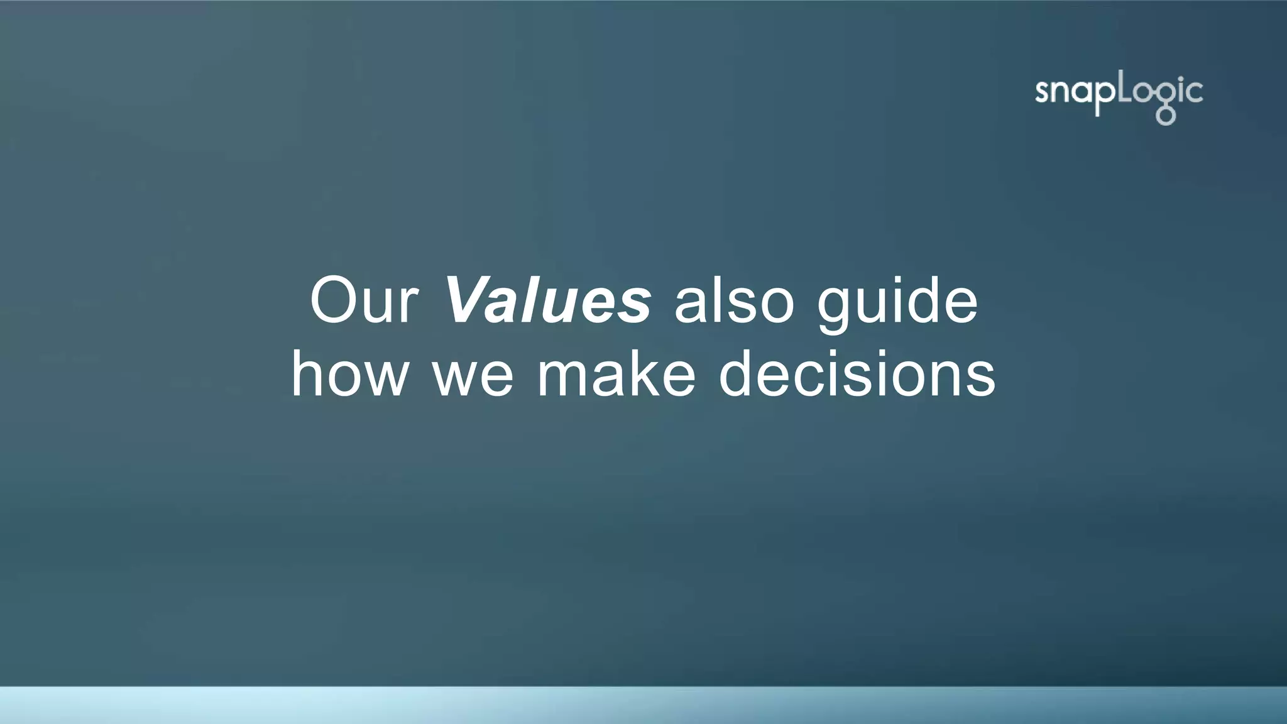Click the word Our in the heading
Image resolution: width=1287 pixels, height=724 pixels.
[364, 300]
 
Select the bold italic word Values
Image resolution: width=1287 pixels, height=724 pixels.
[547, 300]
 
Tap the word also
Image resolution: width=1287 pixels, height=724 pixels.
[734, 300]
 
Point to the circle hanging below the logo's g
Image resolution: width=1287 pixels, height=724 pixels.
[1166, 117]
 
